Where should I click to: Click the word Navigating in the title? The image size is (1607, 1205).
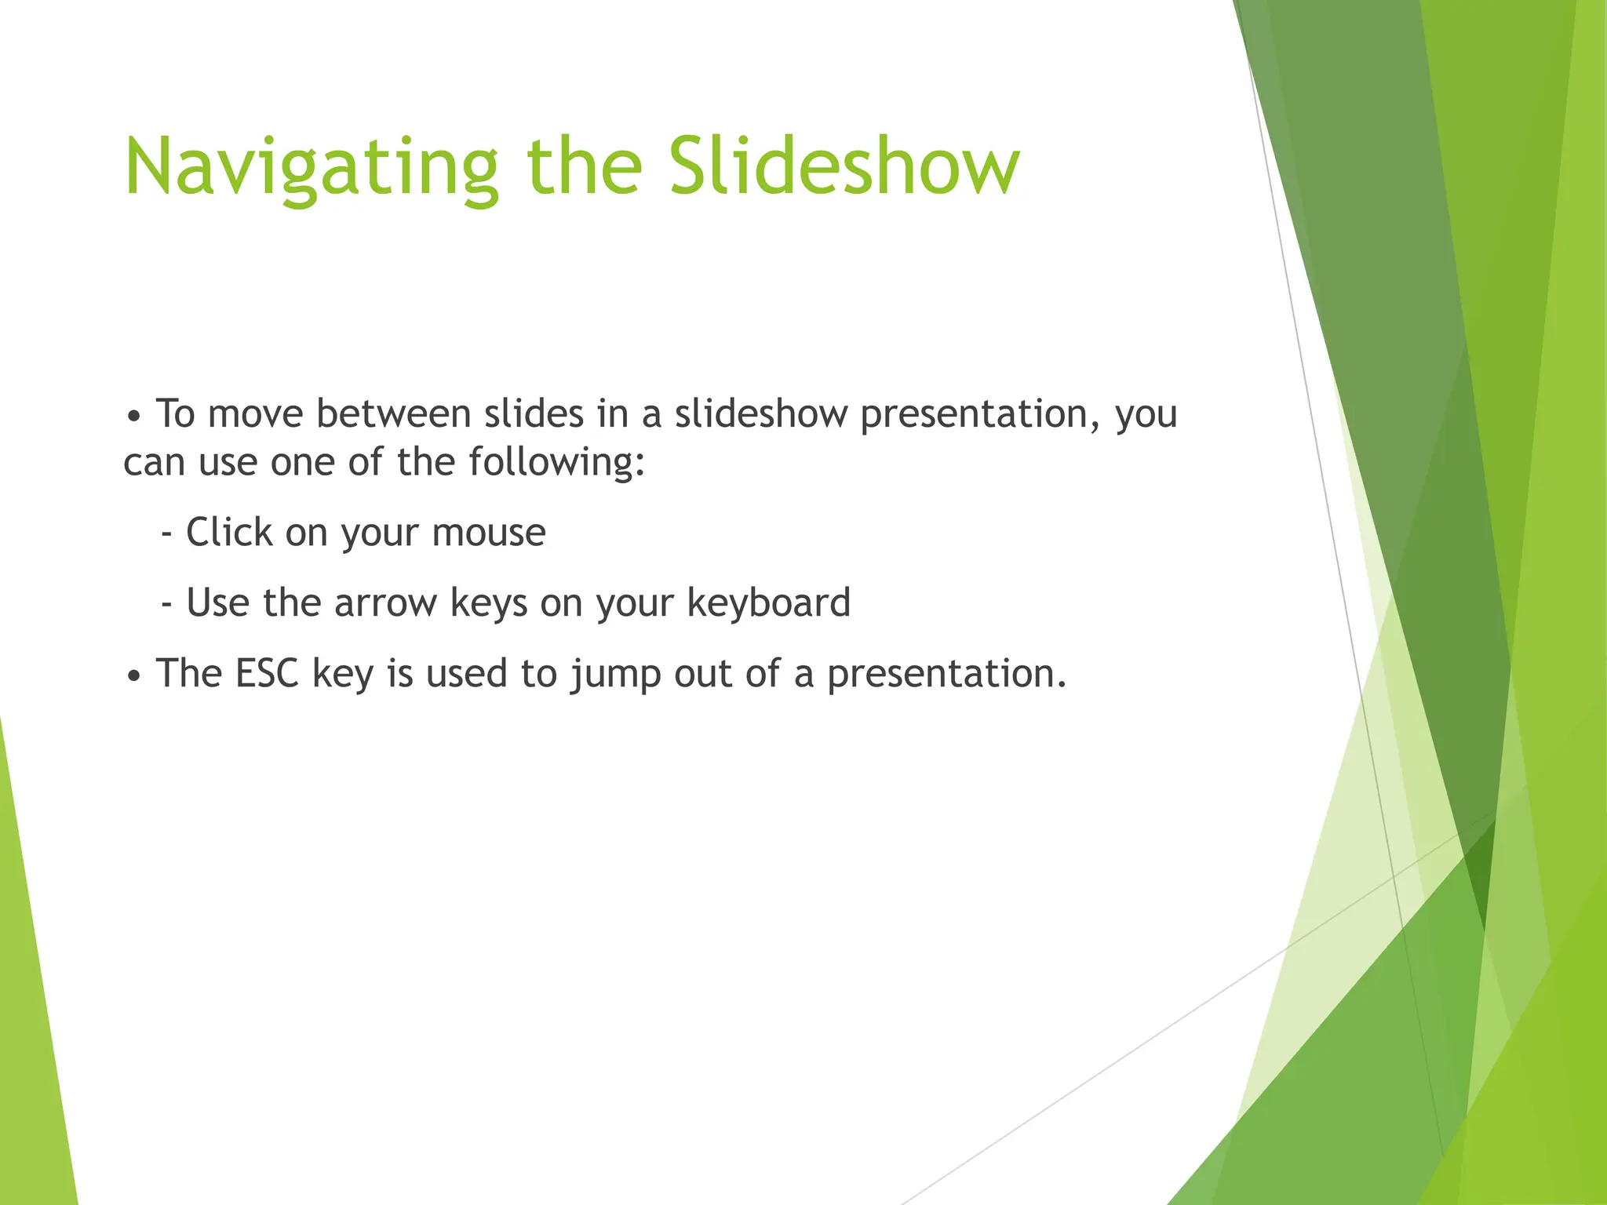[312, 169]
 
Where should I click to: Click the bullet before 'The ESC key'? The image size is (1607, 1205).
[134, 675]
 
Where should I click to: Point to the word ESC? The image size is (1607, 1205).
[267, 673]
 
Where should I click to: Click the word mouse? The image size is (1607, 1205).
[488, 533]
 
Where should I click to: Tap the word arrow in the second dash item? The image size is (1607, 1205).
[385, 603]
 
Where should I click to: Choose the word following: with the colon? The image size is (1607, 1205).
[556, 462]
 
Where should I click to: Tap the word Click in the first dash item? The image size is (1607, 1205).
[228, 533]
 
